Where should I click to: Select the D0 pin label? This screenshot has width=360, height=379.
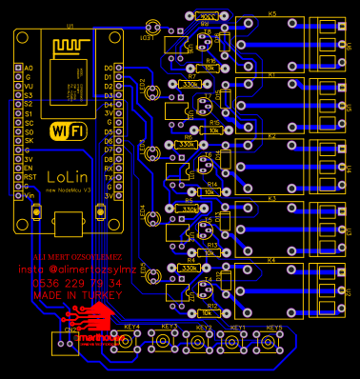point(108,68)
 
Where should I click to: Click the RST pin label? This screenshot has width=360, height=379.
point(30,176)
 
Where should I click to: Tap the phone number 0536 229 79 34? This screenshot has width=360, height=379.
point(77,284)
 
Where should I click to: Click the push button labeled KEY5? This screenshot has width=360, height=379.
point(275,342)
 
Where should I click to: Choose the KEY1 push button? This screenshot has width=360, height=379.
point(239,342)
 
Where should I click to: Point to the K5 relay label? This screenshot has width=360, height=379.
point(271,14)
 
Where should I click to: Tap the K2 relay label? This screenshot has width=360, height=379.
point(271,135)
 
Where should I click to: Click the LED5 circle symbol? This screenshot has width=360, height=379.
point(151,276)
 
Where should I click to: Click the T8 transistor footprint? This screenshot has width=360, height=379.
point(209,44)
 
